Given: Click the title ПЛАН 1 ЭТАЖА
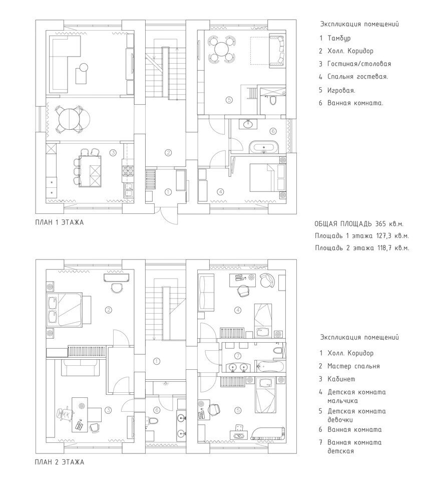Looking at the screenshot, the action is (60, 222).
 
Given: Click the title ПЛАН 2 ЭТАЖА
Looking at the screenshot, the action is (60, 462).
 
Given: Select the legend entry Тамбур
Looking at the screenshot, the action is (339, 39).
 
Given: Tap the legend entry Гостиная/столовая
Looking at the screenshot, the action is (359, 64).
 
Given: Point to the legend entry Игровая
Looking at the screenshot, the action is (341, 90).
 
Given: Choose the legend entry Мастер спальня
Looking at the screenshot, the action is (353, 367).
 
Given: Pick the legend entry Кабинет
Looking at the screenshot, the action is (341, 379).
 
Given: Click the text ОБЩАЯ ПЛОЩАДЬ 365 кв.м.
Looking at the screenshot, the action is (361, 224).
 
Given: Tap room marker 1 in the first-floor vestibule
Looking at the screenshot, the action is (168, 192).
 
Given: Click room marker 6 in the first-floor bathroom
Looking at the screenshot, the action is (273, 131).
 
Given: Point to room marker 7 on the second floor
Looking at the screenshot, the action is (237, 356).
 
